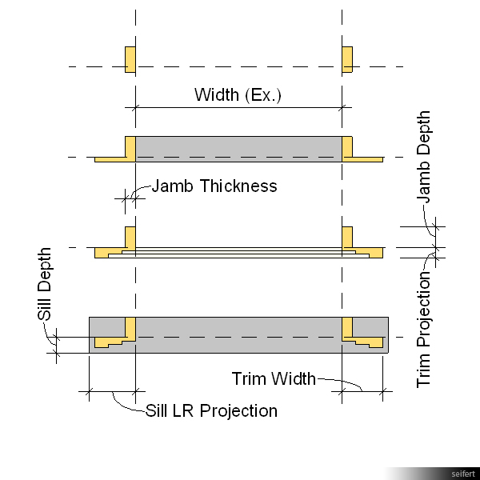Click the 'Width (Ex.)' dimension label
click(x=238, y=95)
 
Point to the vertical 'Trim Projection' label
click(x=424, y=330)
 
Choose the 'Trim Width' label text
click(x=274, y=378)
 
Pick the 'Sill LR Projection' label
click(x=211, y=411)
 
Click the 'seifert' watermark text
click(x=462, y=474)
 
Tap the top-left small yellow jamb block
click(x=130, y=60)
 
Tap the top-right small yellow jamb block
click(x=347, y=60)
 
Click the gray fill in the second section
click(x=238, y=149)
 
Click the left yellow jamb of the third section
click(x=130, y=238)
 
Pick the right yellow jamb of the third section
click(x=347, y=238)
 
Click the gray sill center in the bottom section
click(x=238, y=334)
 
